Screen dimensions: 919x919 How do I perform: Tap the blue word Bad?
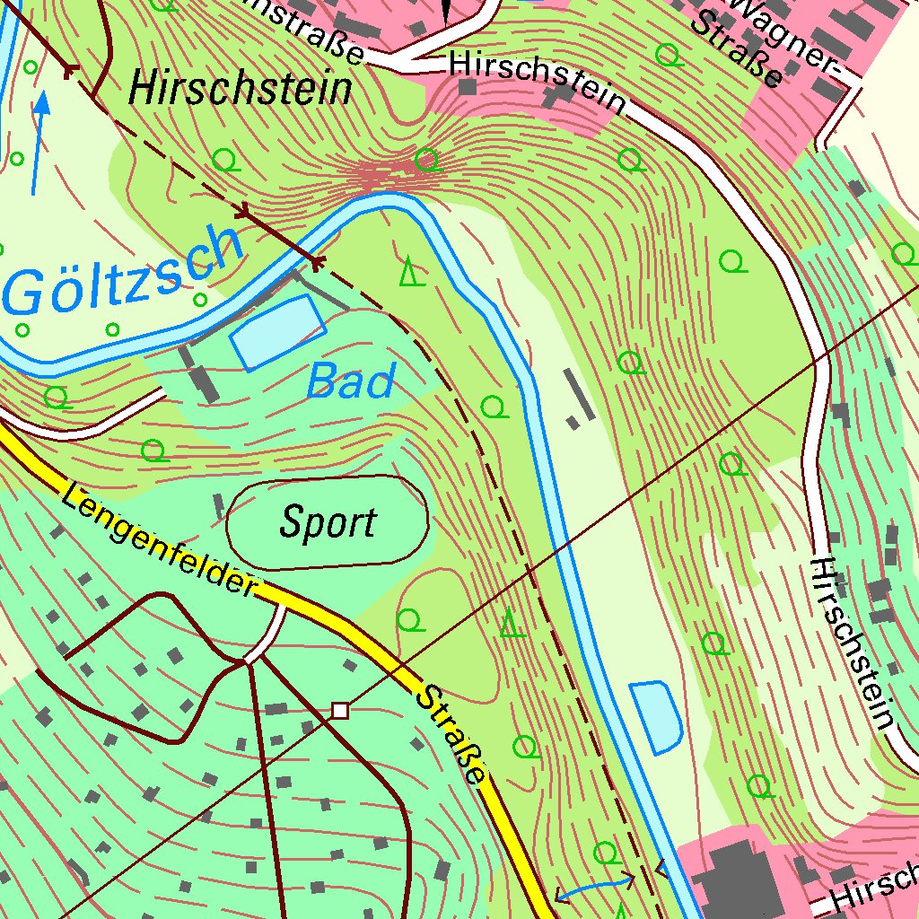coord(350,382)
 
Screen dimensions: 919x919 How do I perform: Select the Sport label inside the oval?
coord(328,522)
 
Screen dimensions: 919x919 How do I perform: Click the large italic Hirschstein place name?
coord(241,90)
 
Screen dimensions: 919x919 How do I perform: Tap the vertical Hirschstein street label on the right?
coord(853,641)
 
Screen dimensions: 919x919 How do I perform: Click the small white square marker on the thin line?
coord(339,711)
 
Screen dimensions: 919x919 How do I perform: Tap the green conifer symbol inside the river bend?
coord(410,271)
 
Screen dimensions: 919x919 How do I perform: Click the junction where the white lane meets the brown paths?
coord(246,661)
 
